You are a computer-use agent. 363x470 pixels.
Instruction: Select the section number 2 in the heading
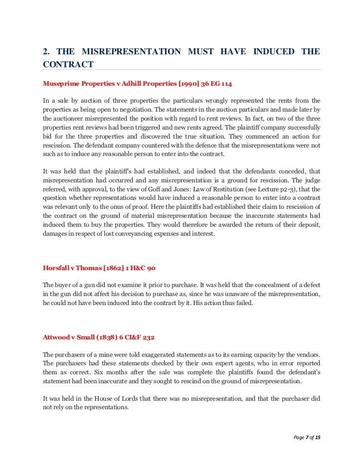point(45,52)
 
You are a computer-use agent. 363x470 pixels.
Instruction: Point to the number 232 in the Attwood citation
point(148,337)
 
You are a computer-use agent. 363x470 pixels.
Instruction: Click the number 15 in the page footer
point(318,437)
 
